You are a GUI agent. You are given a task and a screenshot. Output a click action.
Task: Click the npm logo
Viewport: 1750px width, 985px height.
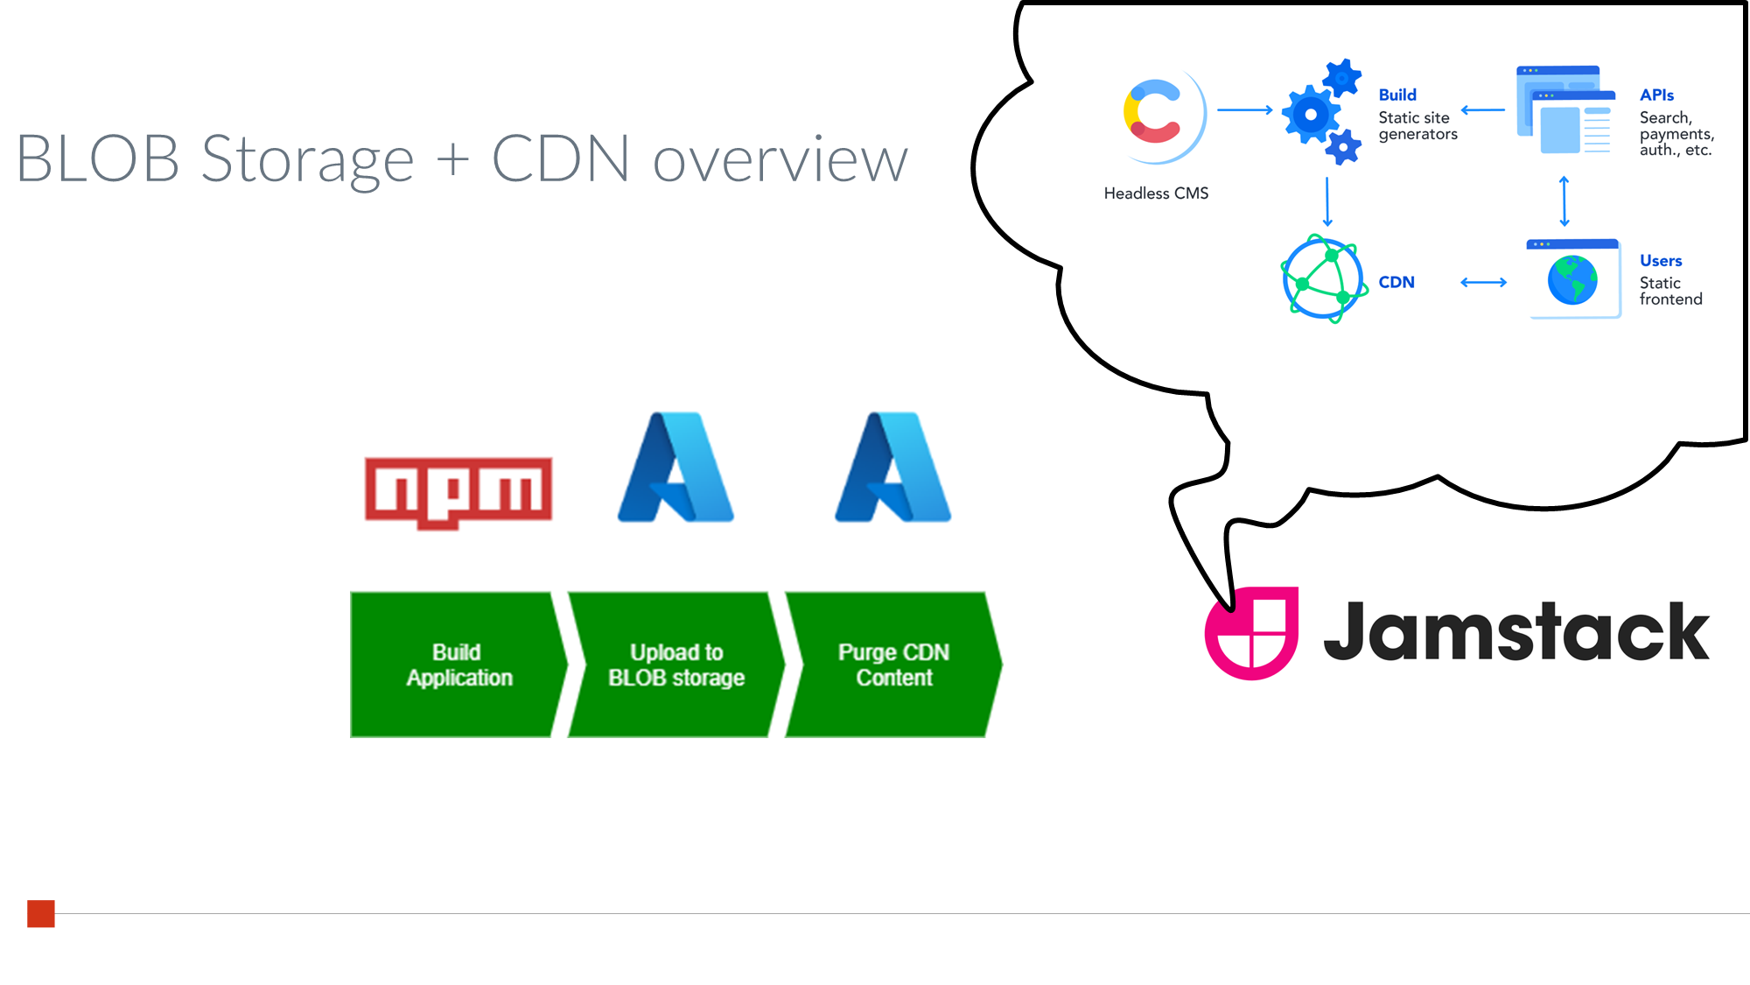click(458, 491)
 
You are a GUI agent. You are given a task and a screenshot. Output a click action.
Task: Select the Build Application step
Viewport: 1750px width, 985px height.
click(456, 665)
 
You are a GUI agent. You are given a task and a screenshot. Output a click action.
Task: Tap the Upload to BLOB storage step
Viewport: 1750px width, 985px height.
click(675, 665)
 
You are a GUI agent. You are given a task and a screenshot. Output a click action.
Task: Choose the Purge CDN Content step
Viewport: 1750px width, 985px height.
click(893, 665)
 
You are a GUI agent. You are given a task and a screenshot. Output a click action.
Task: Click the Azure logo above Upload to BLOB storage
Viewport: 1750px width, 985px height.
click(675, 468)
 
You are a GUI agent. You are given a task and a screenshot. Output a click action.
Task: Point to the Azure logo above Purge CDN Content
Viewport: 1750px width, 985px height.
click(892, 468)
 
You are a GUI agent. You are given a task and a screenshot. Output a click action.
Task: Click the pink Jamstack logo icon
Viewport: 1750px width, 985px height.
click(1251, 632)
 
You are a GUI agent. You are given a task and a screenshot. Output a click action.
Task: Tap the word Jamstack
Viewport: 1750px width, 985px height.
click(1515, 631)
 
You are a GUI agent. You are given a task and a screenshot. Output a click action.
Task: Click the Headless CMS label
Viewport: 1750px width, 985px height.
click(1156, 193)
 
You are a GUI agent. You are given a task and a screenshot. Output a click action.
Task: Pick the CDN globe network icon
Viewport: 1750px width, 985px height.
click(1324, 278)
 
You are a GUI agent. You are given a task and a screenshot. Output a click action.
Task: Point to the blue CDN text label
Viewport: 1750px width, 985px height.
click(1396, 282)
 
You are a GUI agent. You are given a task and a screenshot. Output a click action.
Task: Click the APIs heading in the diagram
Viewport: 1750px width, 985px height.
click(1656, 95)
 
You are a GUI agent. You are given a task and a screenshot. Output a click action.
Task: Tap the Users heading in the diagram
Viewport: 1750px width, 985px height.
click(1661, 260)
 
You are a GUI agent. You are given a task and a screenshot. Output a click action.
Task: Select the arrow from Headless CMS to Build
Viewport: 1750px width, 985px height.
click(1244, 110)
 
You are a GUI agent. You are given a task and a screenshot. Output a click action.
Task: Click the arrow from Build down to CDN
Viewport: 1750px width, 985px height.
click(1327, 201)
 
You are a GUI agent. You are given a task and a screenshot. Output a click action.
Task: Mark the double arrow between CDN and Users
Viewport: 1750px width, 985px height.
click(1484, 282)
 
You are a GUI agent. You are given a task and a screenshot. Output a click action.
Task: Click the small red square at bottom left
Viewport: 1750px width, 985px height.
click(41, 913)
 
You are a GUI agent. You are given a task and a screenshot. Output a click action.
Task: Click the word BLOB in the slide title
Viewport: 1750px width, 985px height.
click(98, 160)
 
